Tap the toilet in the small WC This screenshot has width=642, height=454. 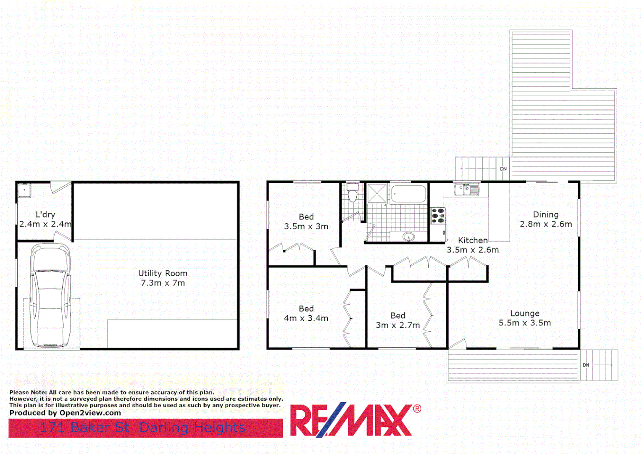pyautogui.click(x=353, y=195)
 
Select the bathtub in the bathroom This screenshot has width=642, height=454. pyautogui.click(x=408, y=194)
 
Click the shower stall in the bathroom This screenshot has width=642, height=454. pyautogui.click(x=377, y=193)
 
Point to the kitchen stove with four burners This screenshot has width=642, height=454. pyautogui.click(x=438, y=216)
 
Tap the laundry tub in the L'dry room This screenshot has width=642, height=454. pyautogui.click(x=24, y=191)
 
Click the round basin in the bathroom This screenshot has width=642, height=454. pyautogui.click(x=408, y=237)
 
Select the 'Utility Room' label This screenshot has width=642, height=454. pyautogui.click(x=163, y=273)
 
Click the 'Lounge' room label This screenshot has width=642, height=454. pyautogui.click(x=525, y=313)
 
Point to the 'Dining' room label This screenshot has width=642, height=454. pyautogui.click(x=546, y=214)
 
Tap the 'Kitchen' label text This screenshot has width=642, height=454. pyautogui.click(x=473, y=240)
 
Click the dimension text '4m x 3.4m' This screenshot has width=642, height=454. pyautogui.click(x=306, y=319)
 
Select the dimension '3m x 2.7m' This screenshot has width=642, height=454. pyautogui.click(x=398, y=325)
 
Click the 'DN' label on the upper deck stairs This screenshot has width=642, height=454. pyautogui.click(x=503, y=169)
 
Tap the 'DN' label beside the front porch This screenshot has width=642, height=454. pyautogui.click(x=586, y=365)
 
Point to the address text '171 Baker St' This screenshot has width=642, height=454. pyautogui.click(x=84, y=428)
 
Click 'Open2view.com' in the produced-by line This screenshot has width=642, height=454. pyautogui.click(x=90, y=413)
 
